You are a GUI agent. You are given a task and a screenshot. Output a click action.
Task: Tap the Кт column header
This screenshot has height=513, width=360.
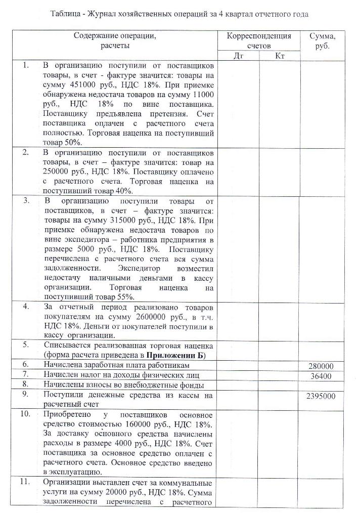coord(280,56)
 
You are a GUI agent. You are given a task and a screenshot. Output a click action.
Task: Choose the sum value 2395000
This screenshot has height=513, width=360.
coord(321,396)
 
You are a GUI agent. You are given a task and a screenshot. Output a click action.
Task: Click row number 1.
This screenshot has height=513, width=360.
coord(26,66)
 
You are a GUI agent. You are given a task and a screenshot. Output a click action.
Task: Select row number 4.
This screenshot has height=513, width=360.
coord(26,307)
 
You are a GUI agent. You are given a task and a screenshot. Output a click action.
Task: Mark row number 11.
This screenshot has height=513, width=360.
coord(26,482)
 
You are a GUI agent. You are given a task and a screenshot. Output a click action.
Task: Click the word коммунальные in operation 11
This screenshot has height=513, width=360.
coord(191,482)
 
